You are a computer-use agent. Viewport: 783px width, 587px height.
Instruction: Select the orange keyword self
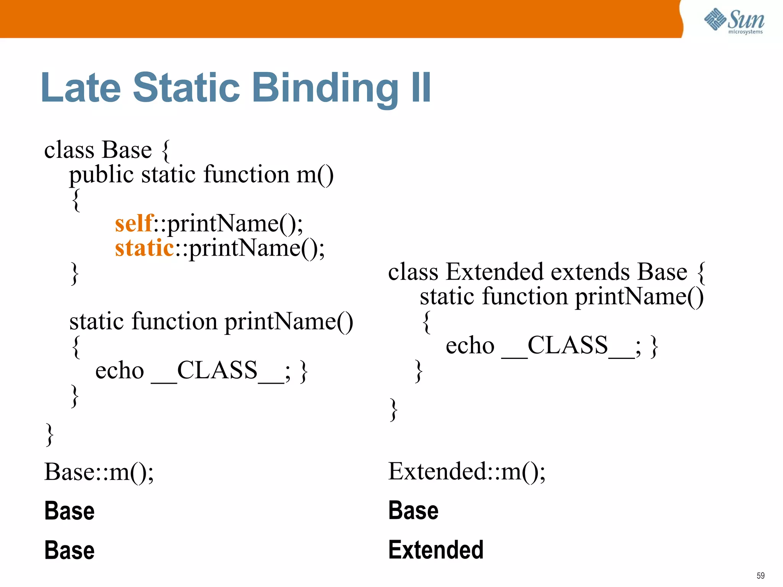134,223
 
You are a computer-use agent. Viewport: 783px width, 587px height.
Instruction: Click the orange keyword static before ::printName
145,248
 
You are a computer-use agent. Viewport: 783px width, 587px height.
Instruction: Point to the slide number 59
760,576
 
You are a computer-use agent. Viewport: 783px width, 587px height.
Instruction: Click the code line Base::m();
99,472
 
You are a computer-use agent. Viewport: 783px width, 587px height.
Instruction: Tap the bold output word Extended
436,550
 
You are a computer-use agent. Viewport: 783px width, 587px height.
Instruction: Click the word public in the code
101,175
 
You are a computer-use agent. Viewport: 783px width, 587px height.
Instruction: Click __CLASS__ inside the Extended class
568,346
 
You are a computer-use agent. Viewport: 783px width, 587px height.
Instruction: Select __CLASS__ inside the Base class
217,371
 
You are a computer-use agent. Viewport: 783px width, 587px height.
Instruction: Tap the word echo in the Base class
119,371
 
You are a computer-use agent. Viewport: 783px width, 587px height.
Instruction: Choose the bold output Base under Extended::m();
413,511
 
